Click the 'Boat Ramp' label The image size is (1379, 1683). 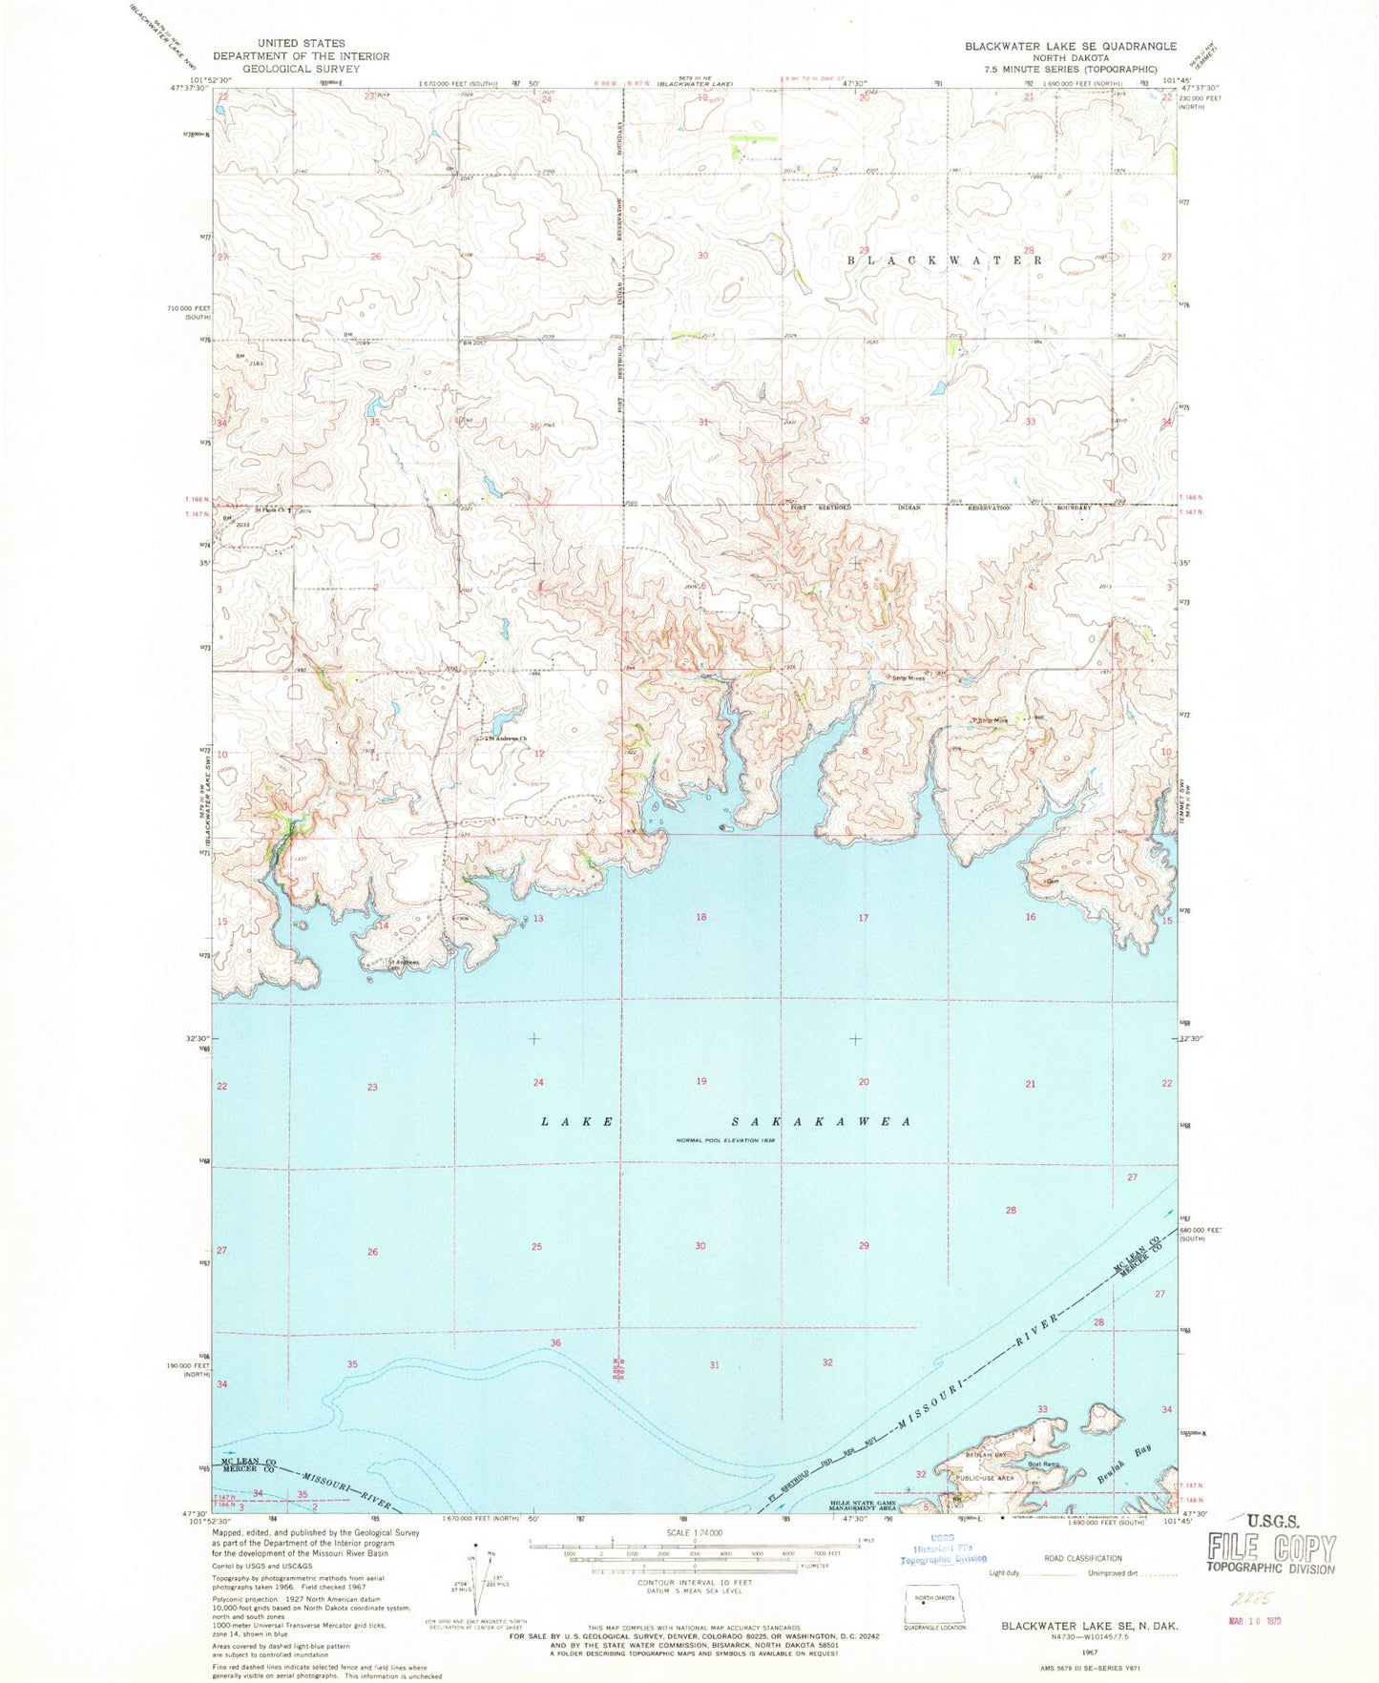click(x=1044, y=1464)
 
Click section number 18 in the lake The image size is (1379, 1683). click(x=701, y=917)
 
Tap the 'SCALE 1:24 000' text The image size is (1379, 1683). click(x=697, y=1533)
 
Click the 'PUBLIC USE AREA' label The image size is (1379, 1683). click(x=982, y=1478)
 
